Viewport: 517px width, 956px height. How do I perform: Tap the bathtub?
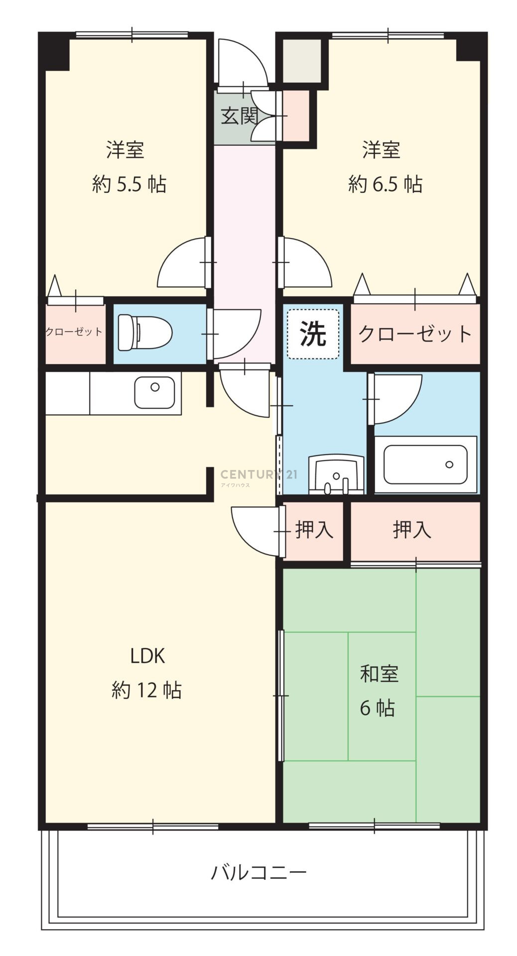click(425, 465)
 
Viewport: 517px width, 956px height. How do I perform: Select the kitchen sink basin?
click(154, 392)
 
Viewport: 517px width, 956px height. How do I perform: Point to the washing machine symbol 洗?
click(313, 334)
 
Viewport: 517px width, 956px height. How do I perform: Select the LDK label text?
click(147, 656)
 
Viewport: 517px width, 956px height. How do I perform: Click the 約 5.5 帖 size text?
click(129, 184)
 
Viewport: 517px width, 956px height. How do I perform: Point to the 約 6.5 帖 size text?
click(386, 184)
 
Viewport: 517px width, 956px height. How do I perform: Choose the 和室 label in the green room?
click(380, 674)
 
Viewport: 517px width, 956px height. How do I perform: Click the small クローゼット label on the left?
click(74, 332)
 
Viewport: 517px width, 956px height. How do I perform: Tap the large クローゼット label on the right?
click(415, 334)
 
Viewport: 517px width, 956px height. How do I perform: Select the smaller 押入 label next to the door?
click(314, 530)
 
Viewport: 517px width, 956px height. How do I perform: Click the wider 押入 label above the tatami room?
click(412, 530)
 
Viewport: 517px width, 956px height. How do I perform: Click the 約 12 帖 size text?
click(146, 691)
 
